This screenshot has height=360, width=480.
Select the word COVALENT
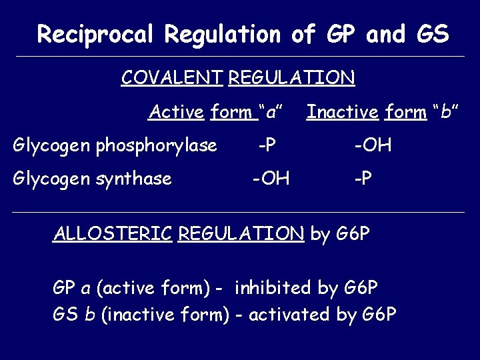[x=171, y=78]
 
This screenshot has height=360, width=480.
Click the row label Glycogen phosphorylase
[x=115, y=145]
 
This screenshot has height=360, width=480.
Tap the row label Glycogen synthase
[x=93, y=179]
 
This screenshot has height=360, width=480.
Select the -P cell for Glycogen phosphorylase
[x=269, y=145]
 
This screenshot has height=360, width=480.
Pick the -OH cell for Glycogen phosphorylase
[x=373, y=145]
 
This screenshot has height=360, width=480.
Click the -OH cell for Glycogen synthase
[x=271, y=179]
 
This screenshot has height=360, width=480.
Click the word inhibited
[x=273, y=288]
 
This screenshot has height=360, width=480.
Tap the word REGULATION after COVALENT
[x=291, y=78]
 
